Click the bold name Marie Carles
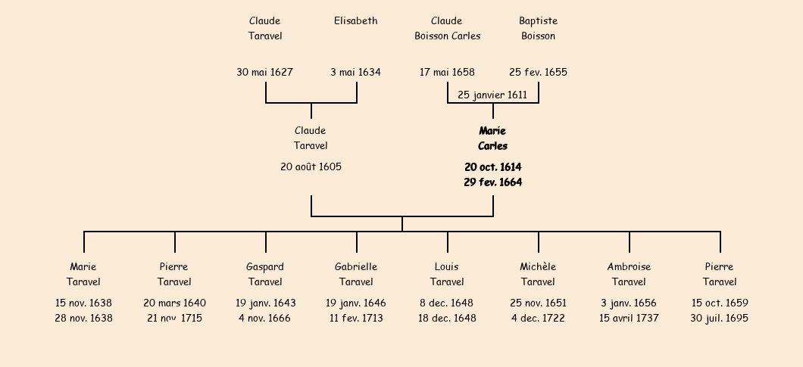click(x=492, y=138)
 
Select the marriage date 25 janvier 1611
click(x=492, y=95)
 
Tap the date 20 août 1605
click(x=311, y=166)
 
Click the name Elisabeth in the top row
click(x=355, y=21)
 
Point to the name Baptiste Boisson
click(x=538, y=29)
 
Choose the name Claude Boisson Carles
click(x=447, y=29)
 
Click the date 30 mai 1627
click(x=264, y=73)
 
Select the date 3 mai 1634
click(x=355, y=73)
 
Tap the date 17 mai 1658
click(x=447, y=73)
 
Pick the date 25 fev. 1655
click(x=538, y=73)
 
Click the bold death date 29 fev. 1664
click(x=492, y=182)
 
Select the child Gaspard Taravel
click(x=265, y=274)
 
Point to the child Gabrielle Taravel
click(x=356, y=274)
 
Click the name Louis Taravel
click(x=447, y=274)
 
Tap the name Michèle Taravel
click(x=538, y=274)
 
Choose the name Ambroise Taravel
click(x=629, y=274)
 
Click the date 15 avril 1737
click(x=629, y=319)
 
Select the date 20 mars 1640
click(x=174, y=303)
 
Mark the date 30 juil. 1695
click(x=719, y=319)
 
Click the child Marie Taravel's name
click(x=83, y=274)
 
